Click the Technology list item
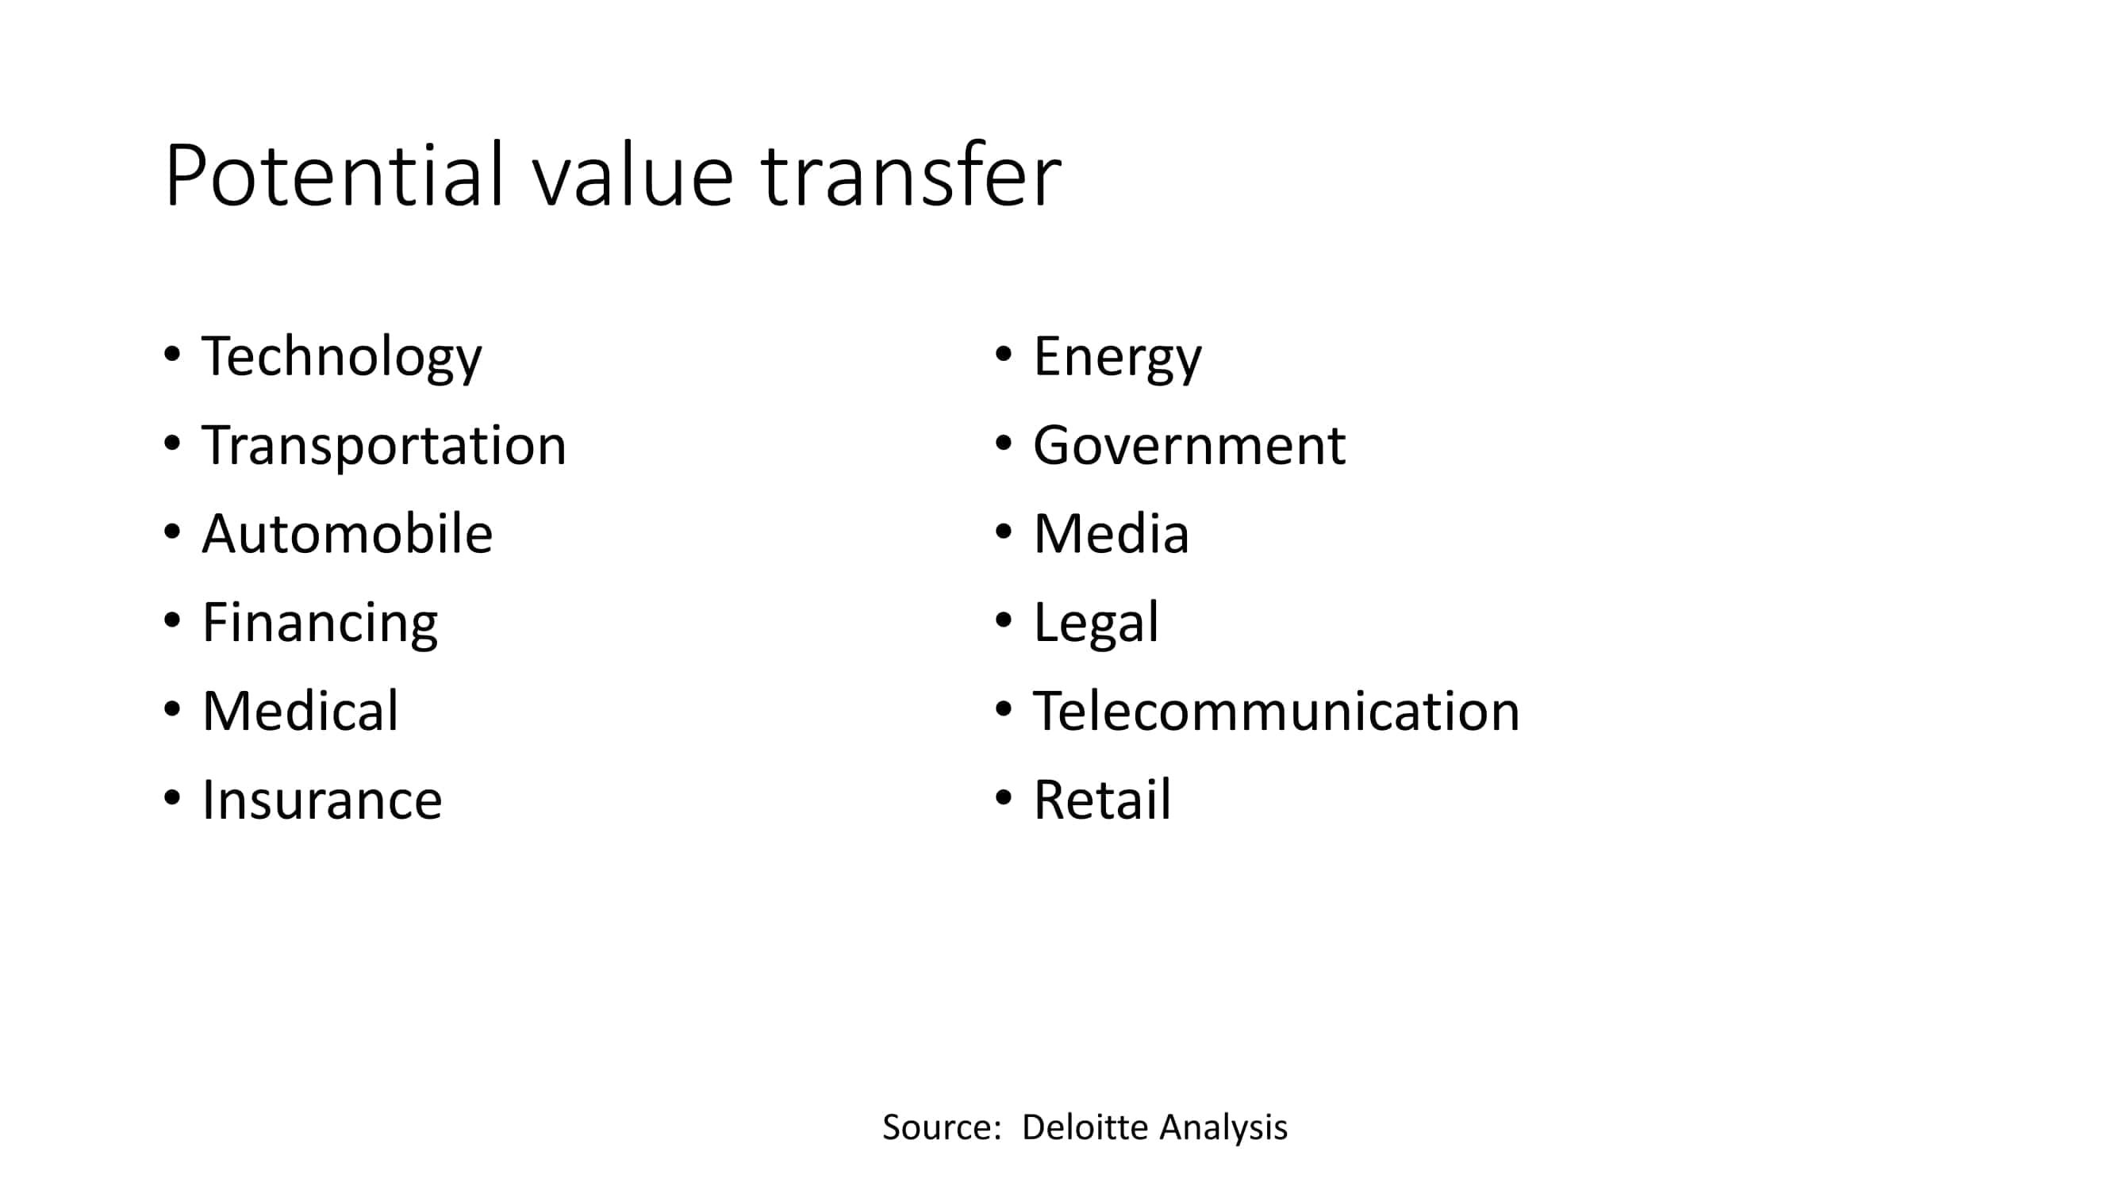(x=342, y=357)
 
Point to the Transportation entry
(x=383, y=446)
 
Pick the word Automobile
(x=347, y=534)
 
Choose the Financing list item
(x=320, y=624)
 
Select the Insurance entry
(x=322, y=800)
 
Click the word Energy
(x=1117, y=357)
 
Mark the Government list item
(x=1189, y=446)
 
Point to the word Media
(x=1112, y=534)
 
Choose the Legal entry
(x=1096, y=624)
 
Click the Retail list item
(x=1102, y=800)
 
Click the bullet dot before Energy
(x=1003, y=355)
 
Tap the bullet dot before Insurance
(x=171, y=797)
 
